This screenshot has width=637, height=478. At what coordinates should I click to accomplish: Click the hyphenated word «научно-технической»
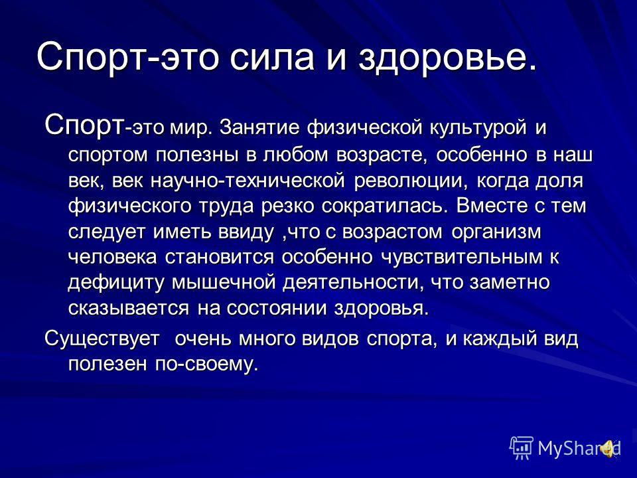[248, 181]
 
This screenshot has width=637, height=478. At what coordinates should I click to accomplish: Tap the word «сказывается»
[128, 309]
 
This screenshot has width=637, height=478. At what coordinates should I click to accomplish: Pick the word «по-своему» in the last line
[207, 364]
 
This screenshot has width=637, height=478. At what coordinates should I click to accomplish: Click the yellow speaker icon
[609, 449]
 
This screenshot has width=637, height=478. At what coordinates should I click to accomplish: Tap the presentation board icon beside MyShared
[522, 448]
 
